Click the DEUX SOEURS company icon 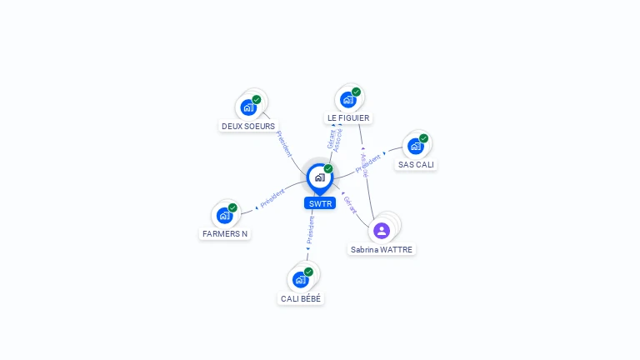(x=248, y=107)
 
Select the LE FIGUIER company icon (x=348, y=99)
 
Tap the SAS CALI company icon (x=416, y=146)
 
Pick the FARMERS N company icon (x=224, y=215)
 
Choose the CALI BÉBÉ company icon (x=300, y=279)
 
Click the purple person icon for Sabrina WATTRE (x=382, y=230)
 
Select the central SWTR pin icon (x=319, y=177)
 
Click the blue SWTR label (x=320, y=203)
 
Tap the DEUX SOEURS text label (x=248, y=127)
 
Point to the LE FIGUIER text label (x=348, y=118)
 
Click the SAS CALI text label (x=417, y=165)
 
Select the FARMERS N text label (x=225, y=234)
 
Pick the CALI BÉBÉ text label (x=301, y=298)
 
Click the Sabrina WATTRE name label (x=382, y=250)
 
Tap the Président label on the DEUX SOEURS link (x=283, y=143)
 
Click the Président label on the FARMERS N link (x=272, y=198)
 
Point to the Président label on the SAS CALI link (x=367, y=163)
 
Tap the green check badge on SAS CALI (x=423, y=138)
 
